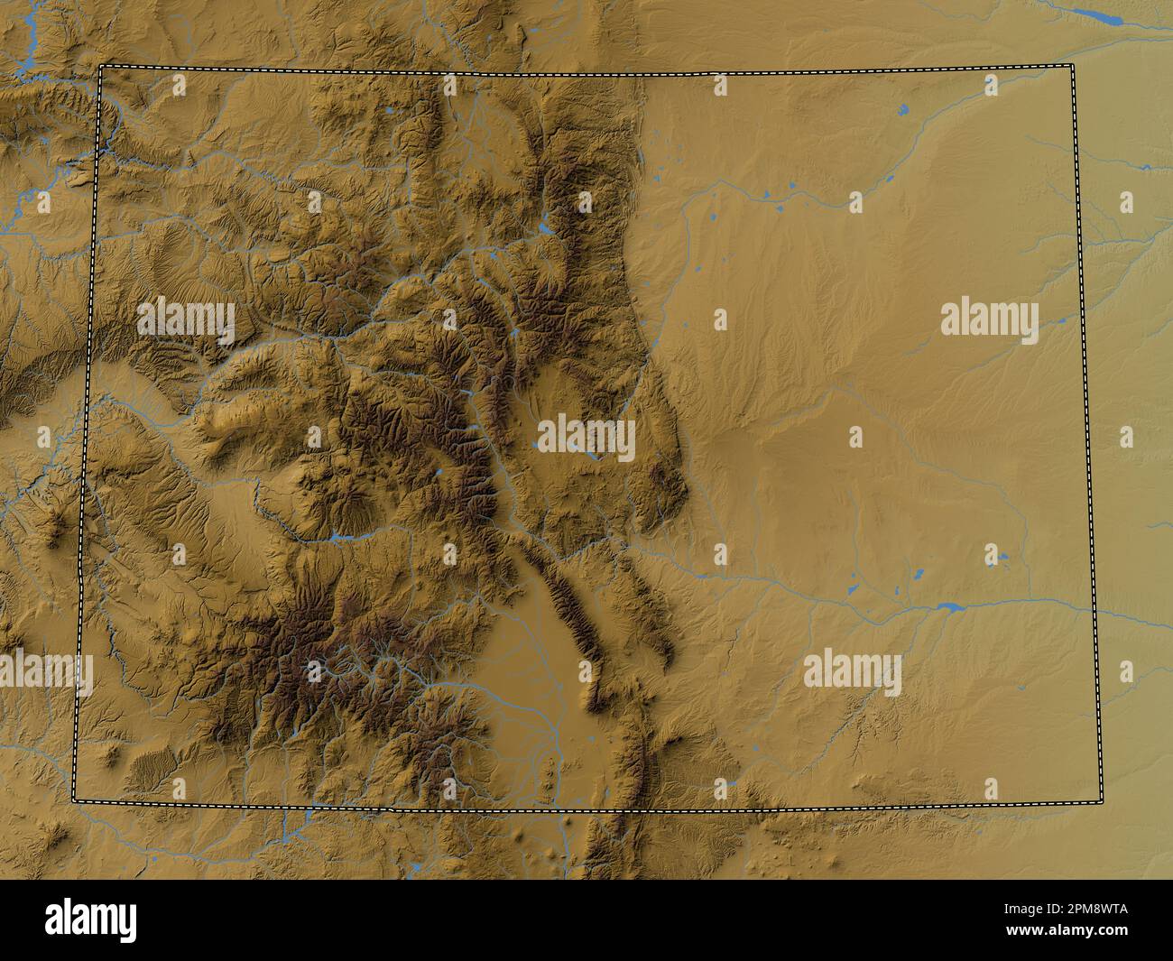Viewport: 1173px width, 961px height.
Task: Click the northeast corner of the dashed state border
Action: [x=1074, y=67]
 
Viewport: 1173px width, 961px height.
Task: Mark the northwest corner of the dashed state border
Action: [x=100, y=67]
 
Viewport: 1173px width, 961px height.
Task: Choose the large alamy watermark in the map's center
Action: [x=586, y=439]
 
